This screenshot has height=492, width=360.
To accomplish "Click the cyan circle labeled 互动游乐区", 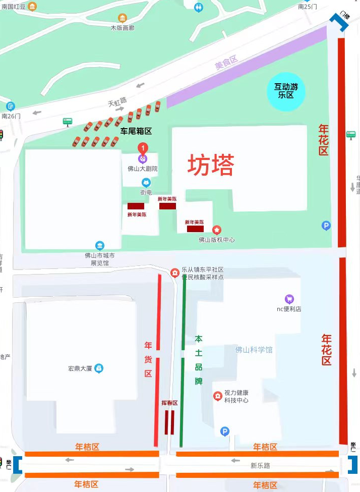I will tap(286, 91).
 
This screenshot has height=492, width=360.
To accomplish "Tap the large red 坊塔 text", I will tap(211, 165).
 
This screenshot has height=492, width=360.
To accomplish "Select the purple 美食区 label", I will tap(226, 63).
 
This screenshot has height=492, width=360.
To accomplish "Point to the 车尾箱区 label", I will tap(136, 131).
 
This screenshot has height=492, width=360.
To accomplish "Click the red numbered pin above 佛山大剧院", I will tap(143, 148).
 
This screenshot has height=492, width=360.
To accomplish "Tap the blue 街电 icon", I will tap(146, 183).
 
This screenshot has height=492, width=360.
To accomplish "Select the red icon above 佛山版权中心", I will tap(216, 230).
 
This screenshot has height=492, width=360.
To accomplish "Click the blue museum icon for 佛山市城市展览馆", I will tap(99, 245).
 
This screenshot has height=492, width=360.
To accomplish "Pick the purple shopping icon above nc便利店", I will tap(289, 299).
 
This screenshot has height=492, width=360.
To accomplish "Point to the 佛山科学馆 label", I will tap(254, 350).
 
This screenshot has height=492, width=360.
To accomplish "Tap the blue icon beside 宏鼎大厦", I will tap(99, 368).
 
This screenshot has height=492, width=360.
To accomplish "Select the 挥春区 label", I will tap(169, 403).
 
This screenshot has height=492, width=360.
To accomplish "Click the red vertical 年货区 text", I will tap(148, 359).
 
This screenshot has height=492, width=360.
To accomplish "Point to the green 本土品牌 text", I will tap(199, 359).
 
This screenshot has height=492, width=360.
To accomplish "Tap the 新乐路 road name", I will tap(260, 465).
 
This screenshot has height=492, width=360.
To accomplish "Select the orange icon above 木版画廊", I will tap(122, 18).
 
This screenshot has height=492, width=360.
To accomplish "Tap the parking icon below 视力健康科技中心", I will tap(225, 431).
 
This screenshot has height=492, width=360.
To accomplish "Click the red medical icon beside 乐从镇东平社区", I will tap(175, 273).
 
